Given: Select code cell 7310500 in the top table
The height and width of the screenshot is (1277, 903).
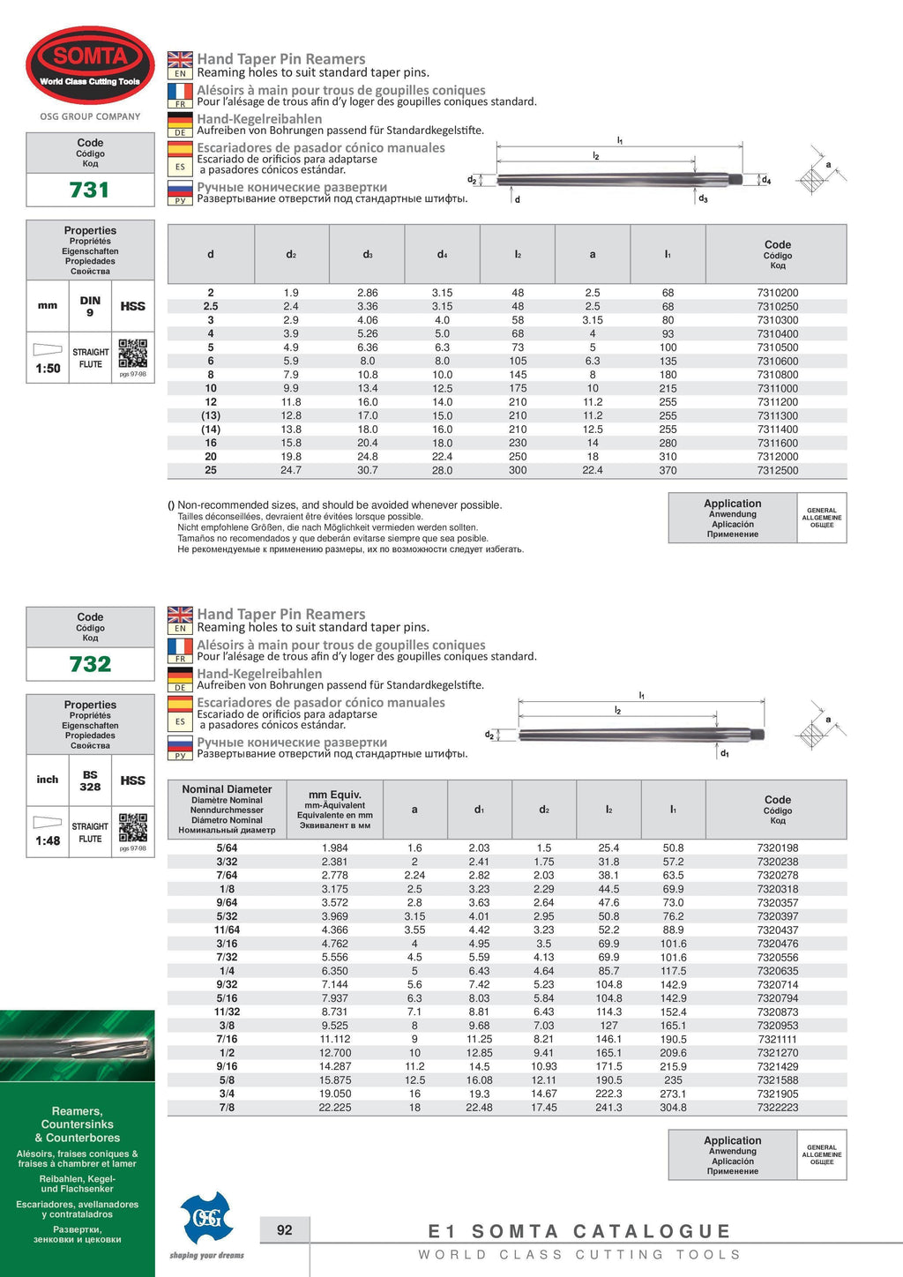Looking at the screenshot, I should pyautogui.click(x=777, y=347).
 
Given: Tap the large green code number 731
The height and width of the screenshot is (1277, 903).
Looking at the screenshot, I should pyautogui.click(x=90, y=190).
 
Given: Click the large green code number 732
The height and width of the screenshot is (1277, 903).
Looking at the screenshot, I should pyautogui.click(x=90, y=664).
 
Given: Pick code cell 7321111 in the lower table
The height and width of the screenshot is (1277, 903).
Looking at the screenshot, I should pyautogui.click(x=777, y=1039).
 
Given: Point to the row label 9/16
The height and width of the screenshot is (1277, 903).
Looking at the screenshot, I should pyautogui.click(x=227, y=1066).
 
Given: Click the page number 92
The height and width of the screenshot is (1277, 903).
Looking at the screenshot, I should pyautogui.click(x=284, y=1229).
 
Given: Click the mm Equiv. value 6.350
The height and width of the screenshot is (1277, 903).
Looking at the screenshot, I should pyautogui.click(x=334, y=971).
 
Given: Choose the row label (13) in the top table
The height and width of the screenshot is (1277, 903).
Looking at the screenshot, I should pyautogui.click(x=211, y=415).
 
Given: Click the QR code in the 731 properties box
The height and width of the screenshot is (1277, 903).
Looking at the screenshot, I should pyautogui.click(x=132, y=354).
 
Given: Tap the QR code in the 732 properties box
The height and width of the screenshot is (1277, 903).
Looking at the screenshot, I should pyautogui.click(x=132, y=827).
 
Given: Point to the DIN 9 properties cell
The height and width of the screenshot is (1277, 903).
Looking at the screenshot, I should pyautogui.click(x=90, y=306).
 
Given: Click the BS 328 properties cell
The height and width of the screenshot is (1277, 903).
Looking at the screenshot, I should pyautogui.click(x=90, y=780).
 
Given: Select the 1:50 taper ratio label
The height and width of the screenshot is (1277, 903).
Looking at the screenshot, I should pyautogui.click(x=48, y=369).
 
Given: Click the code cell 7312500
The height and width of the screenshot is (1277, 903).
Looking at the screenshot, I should pyautogui.click(x=777, y=470).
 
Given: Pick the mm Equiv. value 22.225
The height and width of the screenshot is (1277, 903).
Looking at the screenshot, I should pyautogui.click(x=334, y=1108).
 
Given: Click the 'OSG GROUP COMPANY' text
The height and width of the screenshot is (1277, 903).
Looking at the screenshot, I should pyautogui.click(x=90, y=116).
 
